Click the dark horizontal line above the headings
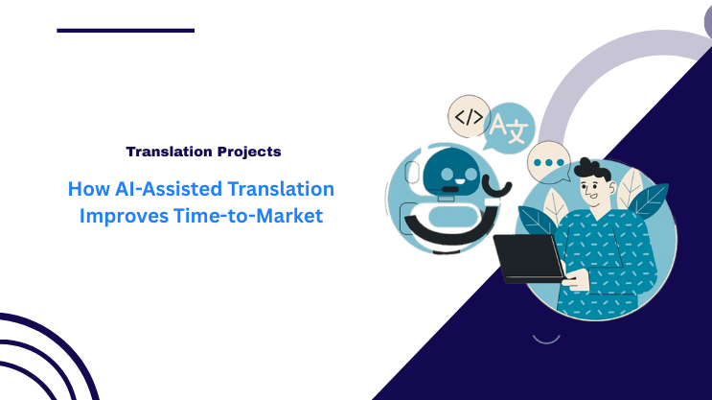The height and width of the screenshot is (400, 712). point(126,31)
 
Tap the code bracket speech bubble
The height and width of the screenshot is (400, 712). point(469,118)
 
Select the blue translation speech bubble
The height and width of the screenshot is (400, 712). point(509,129)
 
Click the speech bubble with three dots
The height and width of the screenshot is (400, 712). point(549,163)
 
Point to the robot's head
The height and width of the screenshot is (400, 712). point(448,174)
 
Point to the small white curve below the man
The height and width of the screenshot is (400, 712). point(545,338)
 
